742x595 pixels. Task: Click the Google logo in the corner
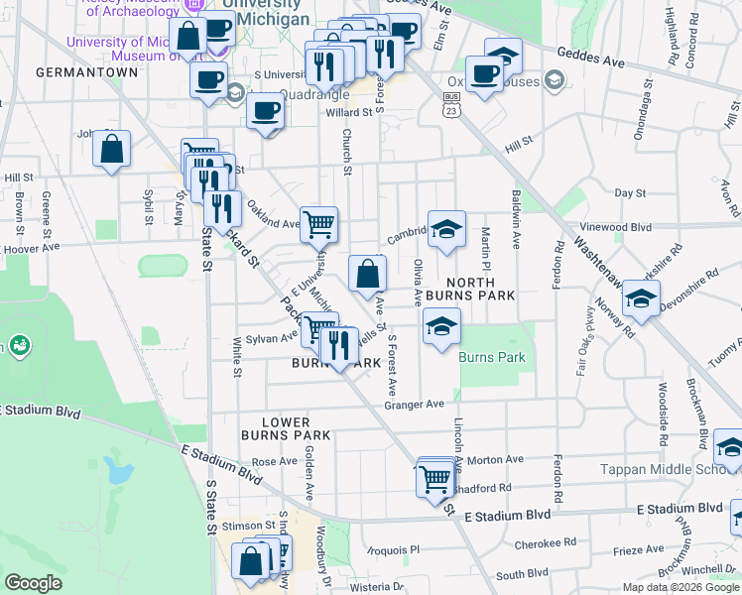coord(33,583)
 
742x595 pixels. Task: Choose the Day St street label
coord(630,192)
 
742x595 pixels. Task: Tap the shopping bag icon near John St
coord(112,150)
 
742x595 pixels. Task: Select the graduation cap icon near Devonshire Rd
coord(641,298)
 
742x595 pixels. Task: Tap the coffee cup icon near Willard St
coord(266,111)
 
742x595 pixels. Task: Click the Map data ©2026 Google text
coord(680,587)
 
